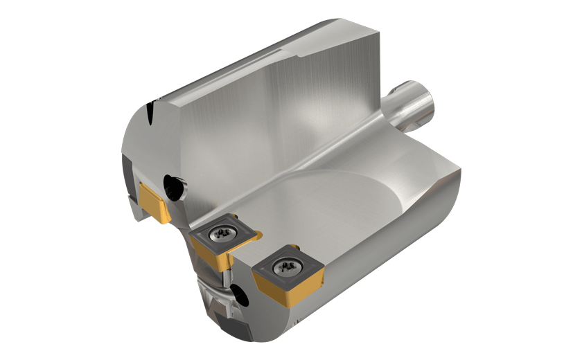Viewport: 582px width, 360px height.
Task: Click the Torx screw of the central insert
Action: pyautogui.click(x=222, y=236)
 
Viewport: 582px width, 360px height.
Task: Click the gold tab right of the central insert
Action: pyautogui.click(x=254, y=235)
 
